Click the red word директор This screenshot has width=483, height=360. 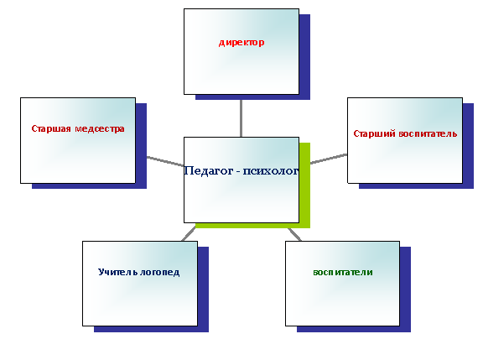click(241, 43)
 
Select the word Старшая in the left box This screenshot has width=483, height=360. click(51, 128)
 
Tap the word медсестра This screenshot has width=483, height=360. click(100, 128)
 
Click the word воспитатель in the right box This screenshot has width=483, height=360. click(428, 133)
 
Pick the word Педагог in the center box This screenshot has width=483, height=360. click(208, 170)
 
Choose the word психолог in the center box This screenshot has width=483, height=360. click(271, 170)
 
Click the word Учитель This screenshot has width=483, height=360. click(118, 272)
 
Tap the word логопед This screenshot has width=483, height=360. click(160, 273)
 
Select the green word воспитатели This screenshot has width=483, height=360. click(343, 272)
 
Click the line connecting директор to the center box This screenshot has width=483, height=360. click(241, 118)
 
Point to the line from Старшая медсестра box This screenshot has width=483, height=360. click(165, 161)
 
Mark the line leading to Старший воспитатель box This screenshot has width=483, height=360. click(329, 159)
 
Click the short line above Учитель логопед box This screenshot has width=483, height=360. click(189, 234)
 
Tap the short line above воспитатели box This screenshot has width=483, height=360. click(294, 235)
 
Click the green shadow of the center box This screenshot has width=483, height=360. click(304, 185)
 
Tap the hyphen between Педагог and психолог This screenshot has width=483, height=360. click(238, 172)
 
